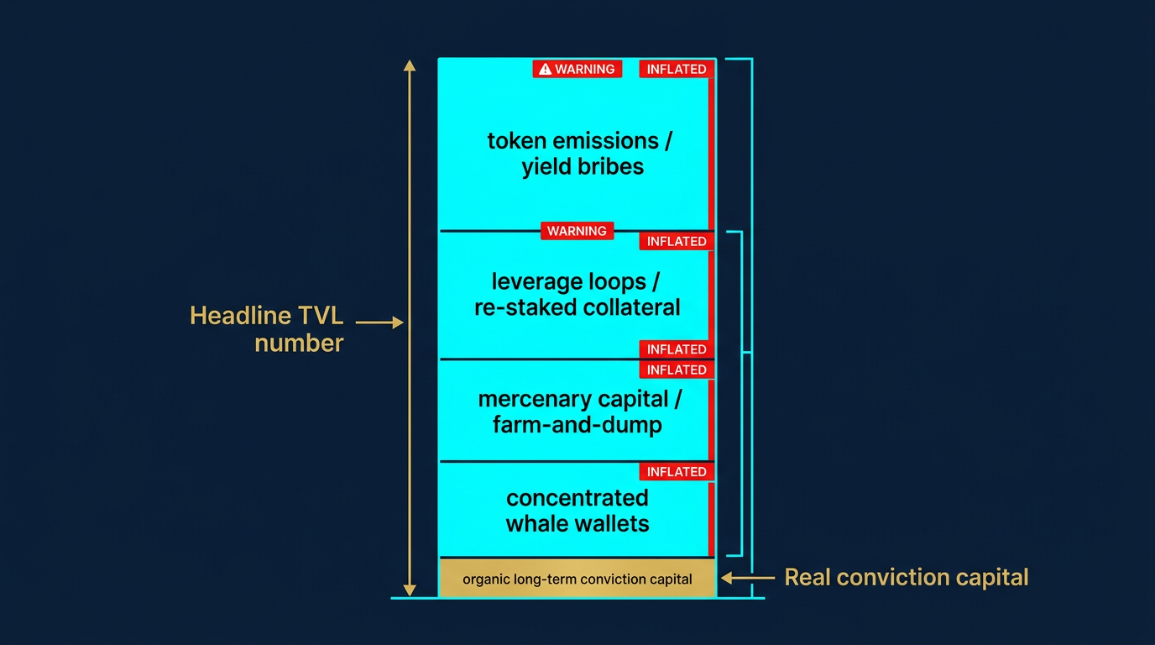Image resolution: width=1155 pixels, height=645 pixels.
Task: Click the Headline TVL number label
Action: click(x=267, y=329)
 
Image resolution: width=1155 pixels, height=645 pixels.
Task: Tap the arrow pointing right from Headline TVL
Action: click(x=379, y=322)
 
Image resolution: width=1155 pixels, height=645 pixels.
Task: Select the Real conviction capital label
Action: click(x=906, y=578)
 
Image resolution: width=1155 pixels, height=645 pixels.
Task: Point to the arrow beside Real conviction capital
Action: click(x=747, y=578)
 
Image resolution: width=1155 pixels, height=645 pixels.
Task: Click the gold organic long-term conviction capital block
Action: click(x=577, y=579)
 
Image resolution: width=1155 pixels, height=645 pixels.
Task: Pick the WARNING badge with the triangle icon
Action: click(x=577, y=69)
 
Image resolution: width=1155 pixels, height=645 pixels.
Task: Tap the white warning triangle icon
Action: click(x=545, y=69)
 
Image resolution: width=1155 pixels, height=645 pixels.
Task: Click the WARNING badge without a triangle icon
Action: click(x=577, y=231)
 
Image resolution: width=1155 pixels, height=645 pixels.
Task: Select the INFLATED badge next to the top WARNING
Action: click(x=677, y=70)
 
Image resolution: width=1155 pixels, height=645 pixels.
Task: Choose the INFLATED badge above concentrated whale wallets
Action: click(x=677, y=472)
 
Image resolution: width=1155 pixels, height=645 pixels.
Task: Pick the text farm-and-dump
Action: click(x=577, y=425)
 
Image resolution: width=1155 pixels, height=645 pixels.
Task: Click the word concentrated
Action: click(x=577, y=498)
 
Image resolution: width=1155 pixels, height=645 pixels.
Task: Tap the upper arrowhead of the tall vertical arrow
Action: click(x=410, y=65)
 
